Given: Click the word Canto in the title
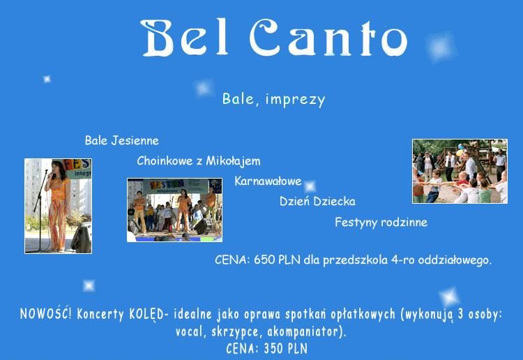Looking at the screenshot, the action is click(328, 38).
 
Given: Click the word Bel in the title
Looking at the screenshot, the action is click(185, 38).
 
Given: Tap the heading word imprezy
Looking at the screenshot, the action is click(295, 100).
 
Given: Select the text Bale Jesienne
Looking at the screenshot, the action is click(122, 140).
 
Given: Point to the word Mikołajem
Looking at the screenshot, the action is click(233, 161).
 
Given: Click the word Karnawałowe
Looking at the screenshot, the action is click(268, 181).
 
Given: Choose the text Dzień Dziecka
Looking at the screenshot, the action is click(317, 201).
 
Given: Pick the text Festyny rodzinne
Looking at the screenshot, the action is click(381, 222).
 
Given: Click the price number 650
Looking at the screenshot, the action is click(264, 260).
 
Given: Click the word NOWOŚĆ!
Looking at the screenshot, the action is click(46, 314).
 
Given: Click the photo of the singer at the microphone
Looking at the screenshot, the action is click(58, 206).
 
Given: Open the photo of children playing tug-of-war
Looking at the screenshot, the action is click(460, 171).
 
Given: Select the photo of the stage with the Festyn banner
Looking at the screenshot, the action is click(174, 210).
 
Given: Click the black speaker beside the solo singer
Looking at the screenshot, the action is click(82, 237).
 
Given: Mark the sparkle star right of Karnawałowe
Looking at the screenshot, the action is click(310, 186).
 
